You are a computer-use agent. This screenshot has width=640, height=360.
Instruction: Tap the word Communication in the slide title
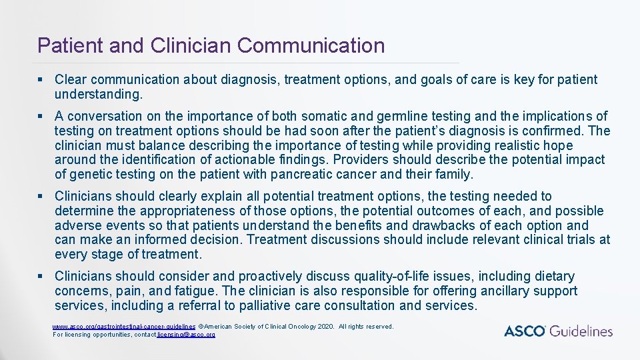tap(311, 45)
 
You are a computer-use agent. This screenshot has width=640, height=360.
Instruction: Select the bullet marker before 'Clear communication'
tap(41, 80)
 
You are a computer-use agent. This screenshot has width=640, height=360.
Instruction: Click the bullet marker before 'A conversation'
tap(41, 117)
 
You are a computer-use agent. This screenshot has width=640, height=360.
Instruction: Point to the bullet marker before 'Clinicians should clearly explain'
tap(41, 196)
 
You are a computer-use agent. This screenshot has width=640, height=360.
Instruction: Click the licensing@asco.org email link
tap(186, 334)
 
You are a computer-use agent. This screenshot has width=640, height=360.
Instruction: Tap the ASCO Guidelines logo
tap(558, 331)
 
